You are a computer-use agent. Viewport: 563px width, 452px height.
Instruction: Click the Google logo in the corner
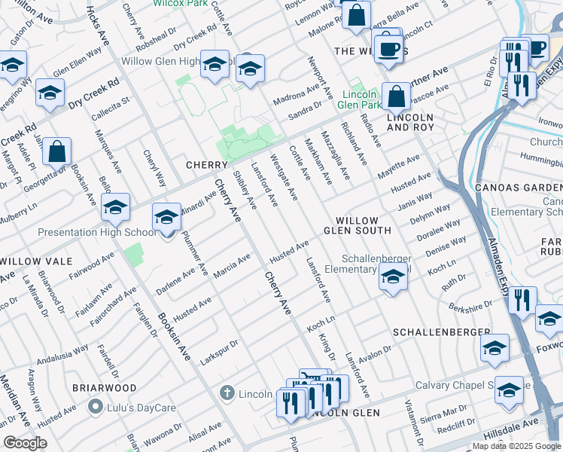pos(24,443)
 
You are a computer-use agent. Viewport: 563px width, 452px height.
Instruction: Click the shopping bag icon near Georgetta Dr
pos(57,152)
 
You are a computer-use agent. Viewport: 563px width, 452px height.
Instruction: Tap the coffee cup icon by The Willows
pos(388,49)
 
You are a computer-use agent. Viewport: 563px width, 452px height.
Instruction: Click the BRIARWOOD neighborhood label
pos(104,388)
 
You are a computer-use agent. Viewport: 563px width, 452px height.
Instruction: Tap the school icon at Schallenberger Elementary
pos(391,279)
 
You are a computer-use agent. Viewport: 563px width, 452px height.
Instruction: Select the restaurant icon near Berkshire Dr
pos(522,301)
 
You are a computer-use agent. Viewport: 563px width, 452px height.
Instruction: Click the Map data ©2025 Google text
pos(516,446)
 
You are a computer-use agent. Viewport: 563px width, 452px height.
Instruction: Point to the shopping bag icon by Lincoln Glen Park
pos(395,97)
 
